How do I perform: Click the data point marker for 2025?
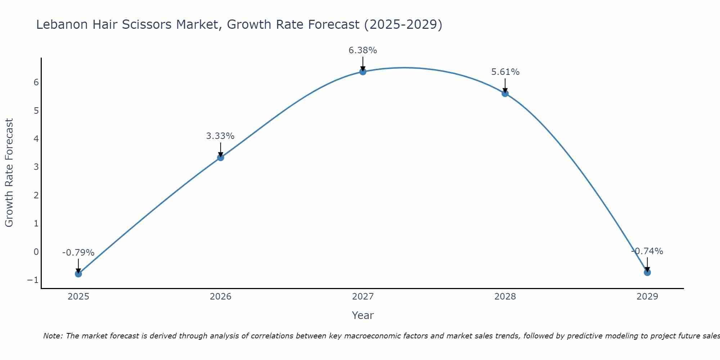tap(78, 274)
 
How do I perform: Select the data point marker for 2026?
tap(221, 157)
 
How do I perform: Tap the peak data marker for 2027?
tap(363, 72)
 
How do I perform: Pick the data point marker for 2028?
tap(505, 94)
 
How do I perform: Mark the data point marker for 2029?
tap(647, 273)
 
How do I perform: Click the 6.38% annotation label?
tap(363, 50)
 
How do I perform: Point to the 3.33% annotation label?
tap(220, 136)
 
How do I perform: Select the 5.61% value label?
tap(505, 72)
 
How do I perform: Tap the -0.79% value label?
tap(78, 253)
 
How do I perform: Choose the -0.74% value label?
tap(647, 251)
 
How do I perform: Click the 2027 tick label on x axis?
tap(363, 297)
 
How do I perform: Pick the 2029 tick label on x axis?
tap(647, 297)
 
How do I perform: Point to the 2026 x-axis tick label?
tap(221, 297)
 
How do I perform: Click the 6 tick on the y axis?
tap(36, 82)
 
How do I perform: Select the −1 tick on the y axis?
tap(33, 280)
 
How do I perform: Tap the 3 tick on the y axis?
tap(36, 167)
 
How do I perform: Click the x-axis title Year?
tap(363, 315)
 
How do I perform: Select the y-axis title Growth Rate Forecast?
tap(9, 173)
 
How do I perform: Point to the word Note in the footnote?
tap(53, 336)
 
